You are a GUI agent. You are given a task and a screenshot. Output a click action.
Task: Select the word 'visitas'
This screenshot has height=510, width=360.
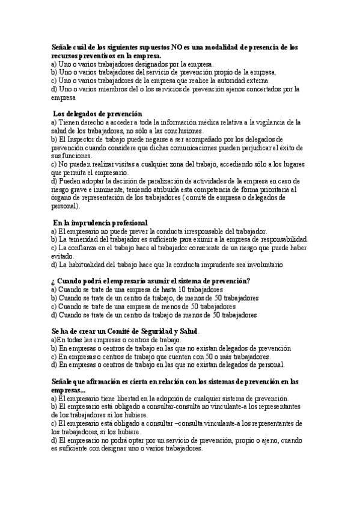coord(125,164)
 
